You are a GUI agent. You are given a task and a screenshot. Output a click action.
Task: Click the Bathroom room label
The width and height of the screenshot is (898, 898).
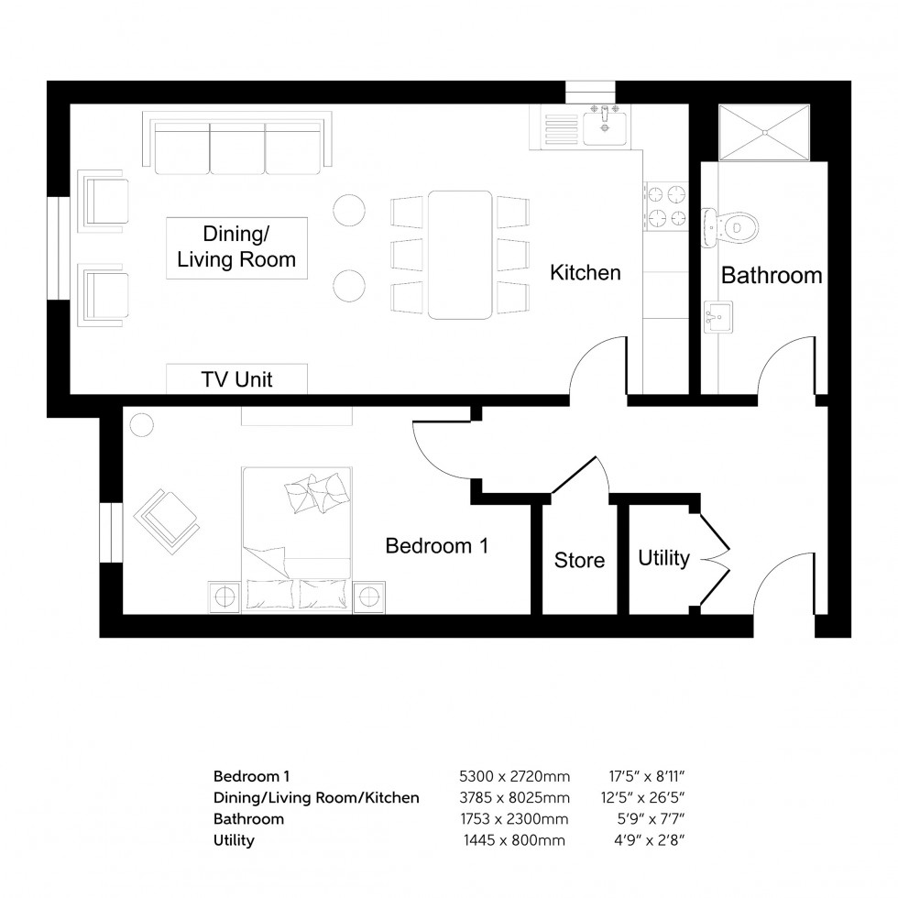point(771,275)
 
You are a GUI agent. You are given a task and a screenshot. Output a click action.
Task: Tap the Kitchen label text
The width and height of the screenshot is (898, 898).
point(586,272)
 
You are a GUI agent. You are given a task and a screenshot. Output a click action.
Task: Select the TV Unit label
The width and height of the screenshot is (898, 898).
point(236,378)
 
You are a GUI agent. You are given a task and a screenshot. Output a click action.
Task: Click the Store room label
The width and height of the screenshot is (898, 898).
point(579,559)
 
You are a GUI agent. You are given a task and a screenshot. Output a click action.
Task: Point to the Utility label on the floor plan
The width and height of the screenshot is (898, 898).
point(663,558)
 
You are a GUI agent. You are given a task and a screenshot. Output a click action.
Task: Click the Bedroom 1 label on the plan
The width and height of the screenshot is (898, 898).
point(436,546)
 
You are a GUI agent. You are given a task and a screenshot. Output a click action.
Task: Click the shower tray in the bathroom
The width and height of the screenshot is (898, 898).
point(765,134)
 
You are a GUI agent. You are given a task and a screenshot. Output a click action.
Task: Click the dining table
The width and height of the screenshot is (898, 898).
point(460,254)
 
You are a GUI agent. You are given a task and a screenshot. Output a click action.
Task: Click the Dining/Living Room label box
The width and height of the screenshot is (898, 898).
point(236,247)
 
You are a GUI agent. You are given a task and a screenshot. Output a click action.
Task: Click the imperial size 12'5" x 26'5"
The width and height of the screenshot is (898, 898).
point(644,797)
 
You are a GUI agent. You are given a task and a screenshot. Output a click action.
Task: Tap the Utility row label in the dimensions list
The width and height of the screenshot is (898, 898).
point(234,839)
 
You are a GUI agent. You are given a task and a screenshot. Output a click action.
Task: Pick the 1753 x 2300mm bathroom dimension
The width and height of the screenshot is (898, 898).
point(514,818)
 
